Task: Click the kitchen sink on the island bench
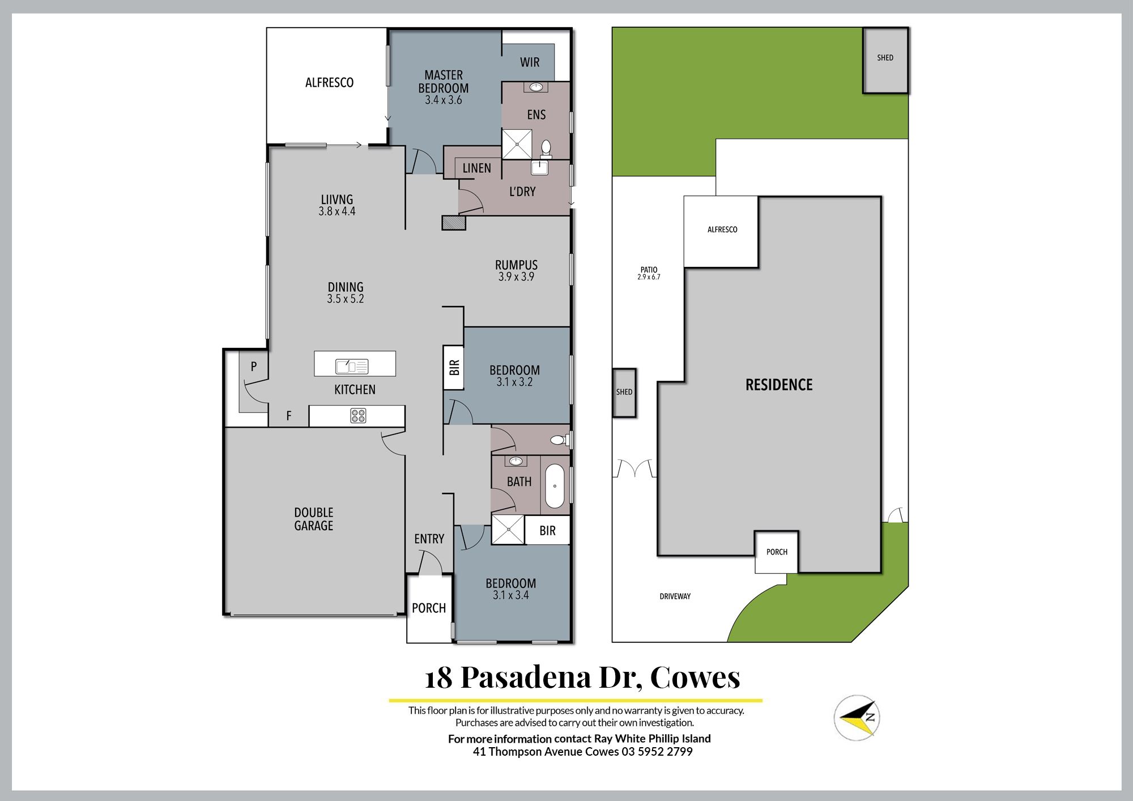pyautogui.click(x=352, y=367)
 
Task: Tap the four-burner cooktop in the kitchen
pyautogui.click(x=358, y=416)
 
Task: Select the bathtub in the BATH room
pyautogui.click(x=555, y=487)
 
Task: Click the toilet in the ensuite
pyautogui.click(x=546, y=148)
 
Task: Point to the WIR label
pyautogui.click(x=530, y=62)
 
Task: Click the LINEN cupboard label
pyautogui.click(x=477, y=168)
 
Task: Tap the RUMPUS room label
pyautogui.click(x=516, y=265)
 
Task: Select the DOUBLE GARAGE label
pyautogui.click(x=314, y=519)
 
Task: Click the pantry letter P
pyautogui.click(x=254, y=367)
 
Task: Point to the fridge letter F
pyautogui.click(x=289, y=416)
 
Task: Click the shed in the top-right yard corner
pyautogui.click(x=885, y=60)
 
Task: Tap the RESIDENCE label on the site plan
pyautogui.click(x=779, y=385)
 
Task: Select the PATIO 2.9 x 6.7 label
pyautogui.click(x=649, y=273)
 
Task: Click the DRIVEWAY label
pyautogui.click(x=675, y=597)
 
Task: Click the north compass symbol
pyautogui.click(x=857, y=717)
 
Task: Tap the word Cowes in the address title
pyautogui.click(x=695, y=677)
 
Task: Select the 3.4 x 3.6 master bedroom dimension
pyautogui.click(x=444, y=100)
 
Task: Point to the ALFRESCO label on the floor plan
pyautogui.click(x=330, y=83)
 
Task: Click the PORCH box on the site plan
pyautogui.click(x=777, y=552)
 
